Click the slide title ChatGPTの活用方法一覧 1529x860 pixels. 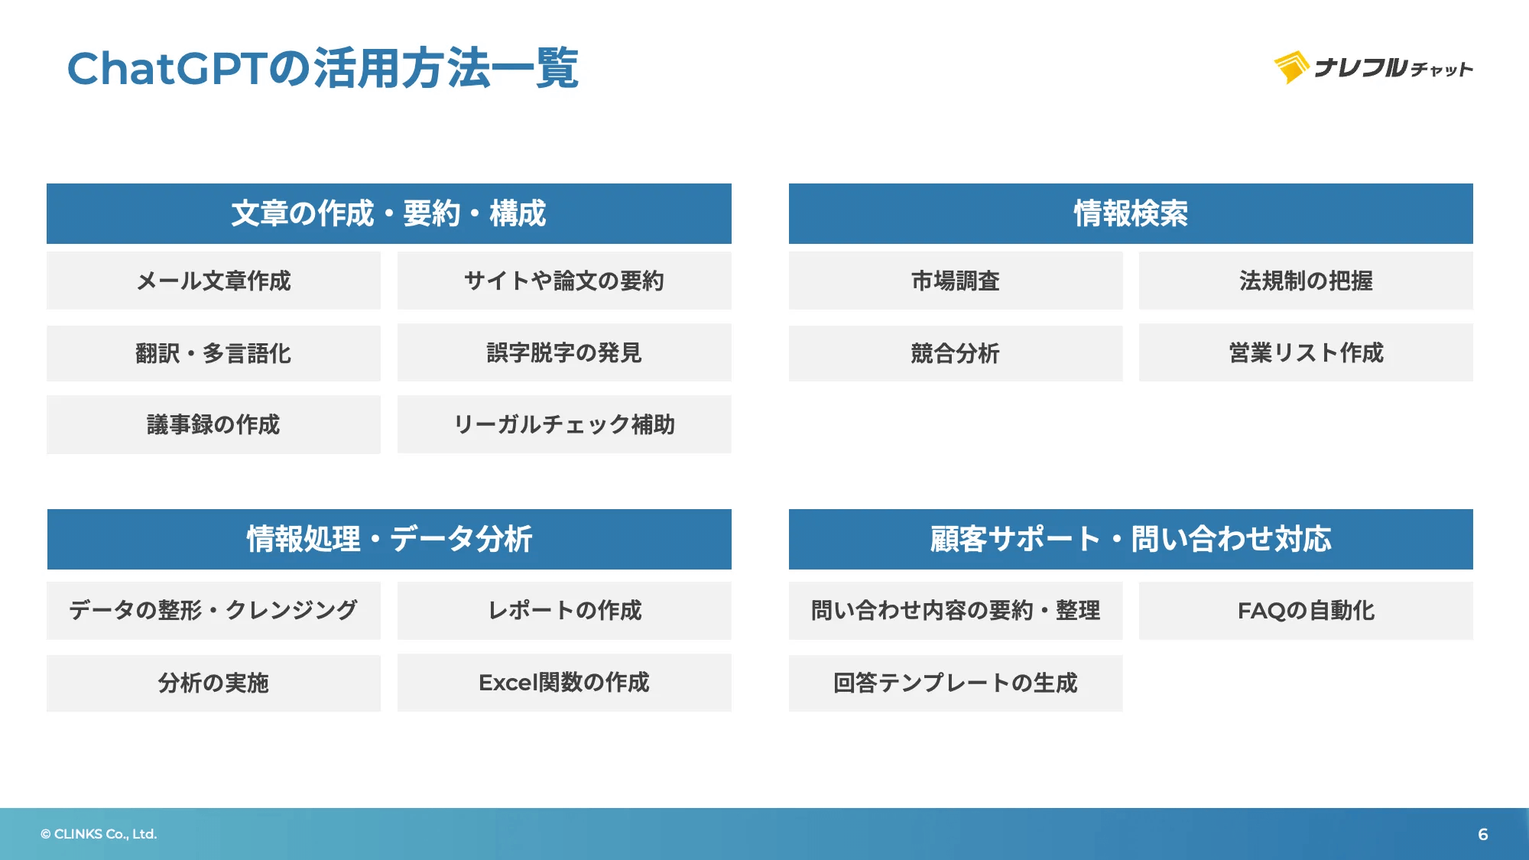pos(323,68)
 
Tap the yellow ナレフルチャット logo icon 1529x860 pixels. pos(1291,67)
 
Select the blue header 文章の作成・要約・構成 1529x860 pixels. pos(388,213)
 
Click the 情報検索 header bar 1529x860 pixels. pos(1130,213)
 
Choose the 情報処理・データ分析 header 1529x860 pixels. pos(388,539)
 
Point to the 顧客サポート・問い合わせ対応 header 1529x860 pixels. pos(1130,539)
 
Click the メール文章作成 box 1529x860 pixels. pos(213,281)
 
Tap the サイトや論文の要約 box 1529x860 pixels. pos(563,281)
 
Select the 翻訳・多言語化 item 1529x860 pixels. pos(213,353)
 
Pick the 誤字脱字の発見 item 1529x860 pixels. pos(563,352)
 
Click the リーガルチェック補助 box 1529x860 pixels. pos(563,424)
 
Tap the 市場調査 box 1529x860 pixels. pos(955,281)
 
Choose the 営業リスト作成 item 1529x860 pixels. pos(1305,352)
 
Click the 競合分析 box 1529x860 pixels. pos(955,353)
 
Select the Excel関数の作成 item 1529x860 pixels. pos(563,683)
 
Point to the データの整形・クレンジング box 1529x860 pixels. pos(213,610)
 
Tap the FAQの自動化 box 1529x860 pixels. pos(1305,610)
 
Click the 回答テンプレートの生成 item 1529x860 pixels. pos(955,683)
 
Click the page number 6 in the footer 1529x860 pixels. pos(1482,834)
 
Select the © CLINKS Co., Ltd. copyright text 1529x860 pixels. pos(99,834)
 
